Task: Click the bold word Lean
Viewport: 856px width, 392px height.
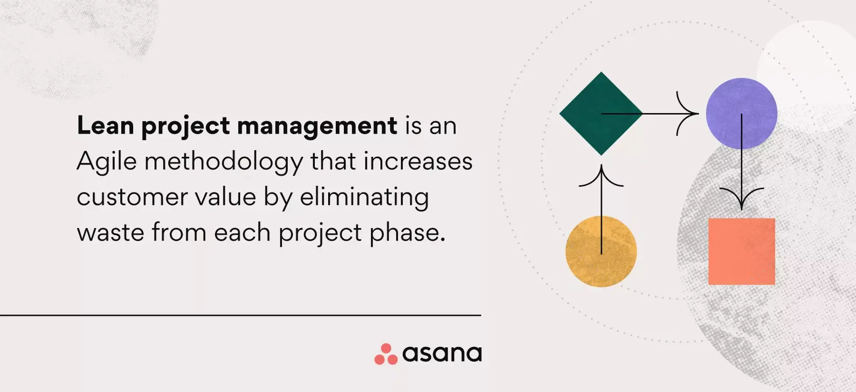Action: point(105,125)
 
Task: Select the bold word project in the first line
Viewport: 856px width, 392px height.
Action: point(185,126)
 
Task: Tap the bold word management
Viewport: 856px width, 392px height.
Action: point(317,126)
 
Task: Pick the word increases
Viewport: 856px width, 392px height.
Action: point(418,161)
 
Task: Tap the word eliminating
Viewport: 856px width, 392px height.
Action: point(364,198)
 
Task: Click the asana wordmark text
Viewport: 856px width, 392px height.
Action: point(442,354)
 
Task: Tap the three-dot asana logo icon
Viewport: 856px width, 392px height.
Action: point(386,354)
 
